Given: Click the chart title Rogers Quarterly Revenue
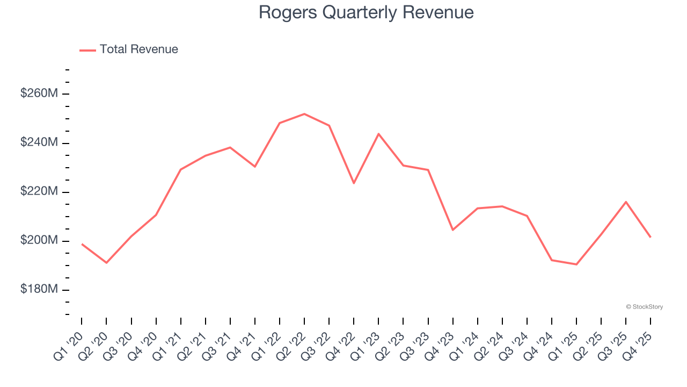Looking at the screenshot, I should [x=366, y=12].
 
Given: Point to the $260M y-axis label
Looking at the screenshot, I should [x=39, y=94].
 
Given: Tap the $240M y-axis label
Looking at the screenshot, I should [x=39, y=142].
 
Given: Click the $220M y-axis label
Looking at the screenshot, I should [x=39, y=191].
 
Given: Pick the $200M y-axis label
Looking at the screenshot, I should [x=39, y=240].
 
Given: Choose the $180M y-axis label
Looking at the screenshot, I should [x=39, y=289].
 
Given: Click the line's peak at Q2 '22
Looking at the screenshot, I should [x=304, y=114].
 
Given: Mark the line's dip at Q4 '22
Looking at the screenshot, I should [x=354, y=183].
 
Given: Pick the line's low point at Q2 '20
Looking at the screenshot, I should [x=106, y=263].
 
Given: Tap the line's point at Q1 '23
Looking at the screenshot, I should [x=378, y=134].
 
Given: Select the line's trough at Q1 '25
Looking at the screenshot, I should [x=576, y=264].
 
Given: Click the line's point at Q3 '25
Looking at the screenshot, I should [x=626, y=202].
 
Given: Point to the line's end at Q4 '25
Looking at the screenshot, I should [x=651, y=237].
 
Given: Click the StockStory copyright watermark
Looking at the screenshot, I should [x=644, y=307].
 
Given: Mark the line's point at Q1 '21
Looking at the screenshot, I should [x=181, y=169].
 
